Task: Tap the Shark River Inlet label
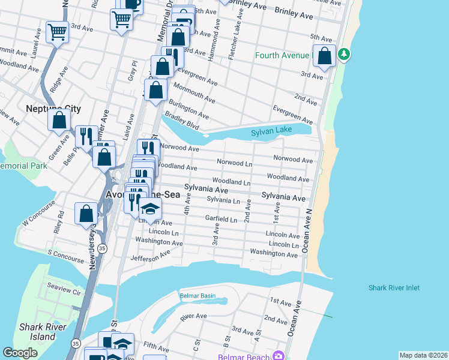tap(394, 288)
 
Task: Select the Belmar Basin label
tap(197, 295)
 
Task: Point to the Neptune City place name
tap(53, 109)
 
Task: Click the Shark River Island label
tap(38, 332)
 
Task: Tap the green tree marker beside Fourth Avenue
tap(343, 55)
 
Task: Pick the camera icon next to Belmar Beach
tap(278, 356)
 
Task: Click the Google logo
tap(20, 353)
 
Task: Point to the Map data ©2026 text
tap(423, 355)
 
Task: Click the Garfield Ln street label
tap(222, 220)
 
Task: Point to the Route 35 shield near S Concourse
tap(103, 247)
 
